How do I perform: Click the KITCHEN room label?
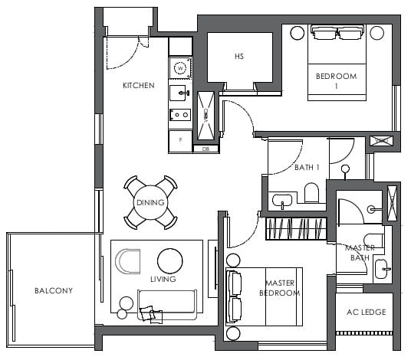[139, 85]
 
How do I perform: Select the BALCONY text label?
[53, 290]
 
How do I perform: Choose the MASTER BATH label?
[359, 253]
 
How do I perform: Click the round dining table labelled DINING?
[151, 202]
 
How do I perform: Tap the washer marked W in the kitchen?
[180, 68]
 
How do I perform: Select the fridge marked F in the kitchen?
[180, 141]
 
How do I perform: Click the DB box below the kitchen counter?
[205, 149]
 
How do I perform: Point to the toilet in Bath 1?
[312, 193]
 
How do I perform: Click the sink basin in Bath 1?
[281, 201]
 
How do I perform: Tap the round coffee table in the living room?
[170, 259]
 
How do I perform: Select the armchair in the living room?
[127, 261]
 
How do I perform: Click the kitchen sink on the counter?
[180, 94]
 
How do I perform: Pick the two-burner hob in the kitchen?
[180, 116]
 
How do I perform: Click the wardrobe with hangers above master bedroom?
[295, 228]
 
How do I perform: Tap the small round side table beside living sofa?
[122, 313]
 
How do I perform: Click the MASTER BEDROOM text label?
[282, 288]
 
